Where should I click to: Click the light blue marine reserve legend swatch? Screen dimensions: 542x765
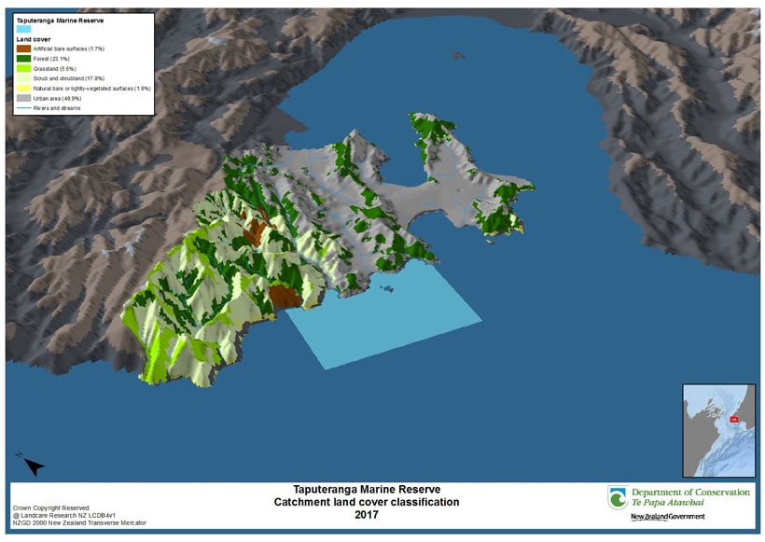24,28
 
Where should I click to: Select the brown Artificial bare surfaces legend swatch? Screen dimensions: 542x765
24,49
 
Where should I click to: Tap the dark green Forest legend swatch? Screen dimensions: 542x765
24,59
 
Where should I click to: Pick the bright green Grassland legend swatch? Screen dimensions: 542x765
24,68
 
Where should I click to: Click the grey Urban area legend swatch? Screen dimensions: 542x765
24,97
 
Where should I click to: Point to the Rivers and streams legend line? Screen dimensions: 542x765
24,107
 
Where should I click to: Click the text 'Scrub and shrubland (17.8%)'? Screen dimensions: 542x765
69,78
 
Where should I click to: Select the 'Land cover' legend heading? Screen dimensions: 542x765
33,40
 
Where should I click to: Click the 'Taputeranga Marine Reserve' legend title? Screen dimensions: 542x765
57,19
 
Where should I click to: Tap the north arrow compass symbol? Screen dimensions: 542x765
30,463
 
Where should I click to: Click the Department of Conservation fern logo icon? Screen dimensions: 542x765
617,497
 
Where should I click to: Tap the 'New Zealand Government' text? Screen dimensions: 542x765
667,517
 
